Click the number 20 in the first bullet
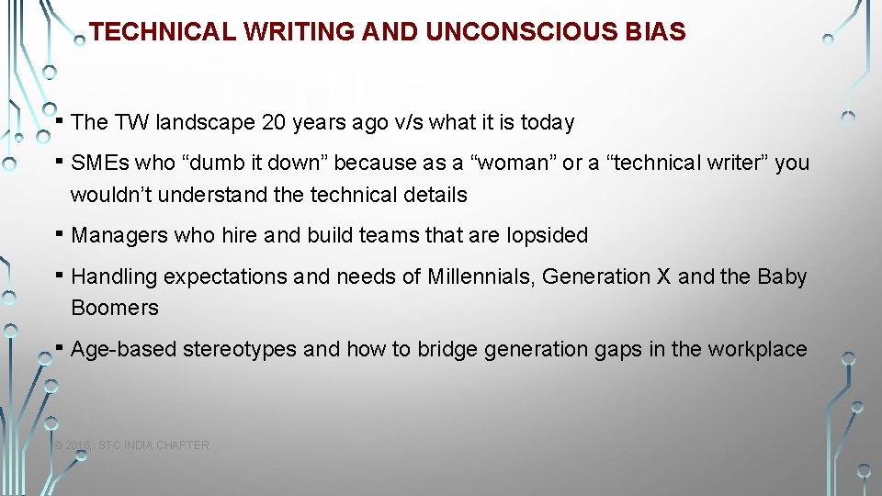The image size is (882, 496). pyautogui.click(x=274, y=122)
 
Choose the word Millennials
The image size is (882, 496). pyautogui.click(x=481, y=276)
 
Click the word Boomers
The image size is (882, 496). pyautogui.click(x=115, y=308)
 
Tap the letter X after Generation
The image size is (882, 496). pyautogui.click(x=663, y=276)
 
